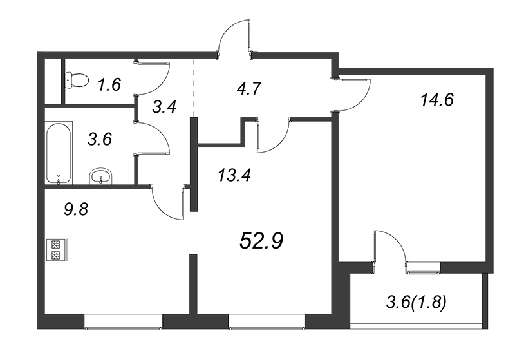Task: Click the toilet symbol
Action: (x=77, y=80)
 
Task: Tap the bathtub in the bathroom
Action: (x=59, y=153)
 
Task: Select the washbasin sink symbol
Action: (x=101, y=176)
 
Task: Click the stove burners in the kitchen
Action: (x=55, y=249)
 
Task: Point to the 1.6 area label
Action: (x=109, y=84)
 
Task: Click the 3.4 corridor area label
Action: (x=165, y=107)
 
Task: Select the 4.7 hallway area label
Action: (x=249, y=88)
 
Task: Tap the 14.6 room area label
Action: (x=437, y=100)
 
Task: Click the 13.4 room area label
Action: (x=234, y=175)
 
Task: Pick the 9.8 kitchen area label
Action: (x=76, y=209)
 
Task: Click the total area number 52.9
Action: (x=261, y=240)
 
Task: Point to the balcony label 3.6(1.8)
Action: (x=416, y=303)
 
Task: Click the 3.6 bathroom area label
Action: (x=100, y=139)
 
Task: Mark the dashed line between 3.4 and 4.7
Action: (x=194, y=89)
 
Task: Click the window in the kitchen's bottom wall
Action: (x=124, y=322)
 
